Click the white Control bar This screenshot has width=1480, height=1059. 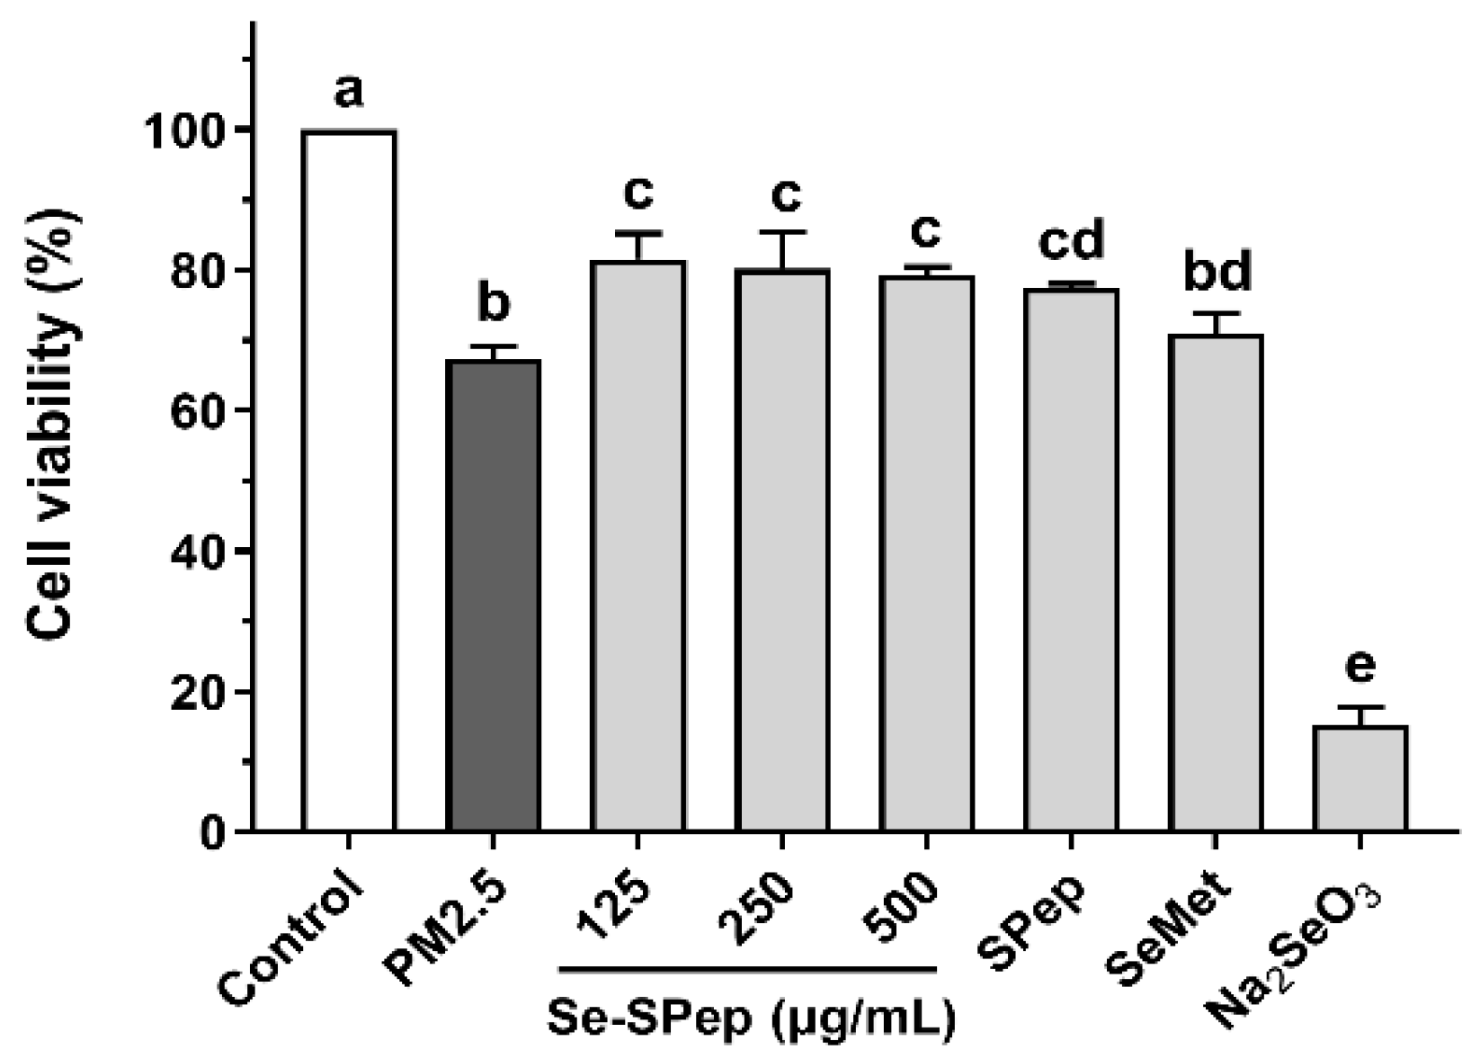pyautogui.click(x=349, y=480)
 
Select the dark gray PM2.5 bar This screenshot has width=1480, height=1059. pyautogui.click(x=494, y=596)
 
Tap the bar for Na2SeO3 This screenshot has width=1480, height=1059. pyautogui.click(x=1360, y=778)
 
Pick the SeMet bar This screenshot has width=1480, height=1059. pyautogui.click(x=1216, y=582)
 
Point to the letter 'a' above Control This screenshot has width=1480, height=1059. pyautogui.click(x=349, y=90)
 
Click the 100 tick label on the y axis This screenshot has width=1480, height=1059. pyautogui.click(x=185, y=131)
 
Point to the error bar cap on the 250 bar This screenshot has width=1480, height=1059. pyautogui.click(x=782, y=232)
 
